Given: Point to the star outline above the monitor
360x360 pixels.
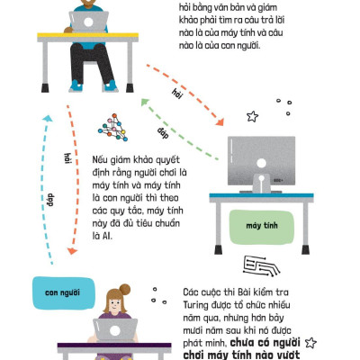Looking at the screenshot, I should pos(252,116).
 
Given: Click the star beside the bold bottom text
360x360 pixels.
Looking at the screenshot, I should pos(310,343).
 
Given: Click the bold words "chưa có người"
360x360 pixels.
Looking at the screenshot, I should pos(267,343).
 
